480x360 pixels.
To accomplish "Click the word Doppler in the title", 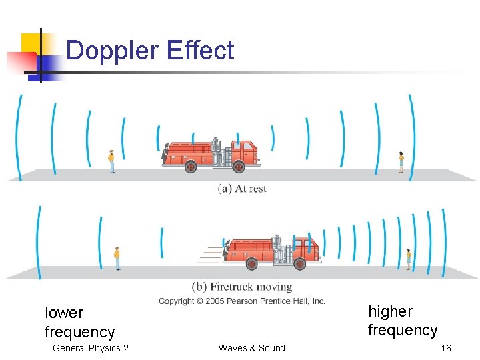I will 113,51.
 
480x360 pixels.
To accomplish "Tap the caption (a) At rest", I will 242,189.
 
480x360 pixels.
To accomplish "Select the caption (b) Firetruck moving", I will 242,287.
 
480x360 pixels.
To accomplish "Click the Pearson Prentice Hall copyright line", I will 242,301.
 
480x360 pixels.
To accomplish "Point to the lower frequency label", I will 79,322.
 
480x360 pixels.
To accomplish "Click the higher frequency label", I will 402,321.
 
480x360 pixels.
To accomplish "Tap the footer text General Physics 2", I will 91,348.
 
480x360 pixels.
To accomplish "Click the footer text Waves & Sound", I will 251,348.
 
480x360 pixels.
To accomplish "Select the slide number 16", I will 445,348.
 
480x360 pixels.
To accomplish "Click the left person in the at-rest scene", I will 111,161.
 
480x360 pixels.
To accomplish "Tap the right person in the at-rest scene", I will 401,162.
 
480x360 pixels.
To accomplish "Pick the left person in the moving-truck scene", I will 117,257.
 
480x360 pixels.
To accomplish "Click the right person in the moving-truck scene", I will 409,259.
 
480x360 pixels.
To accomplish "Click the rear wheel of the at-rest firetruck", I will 190,167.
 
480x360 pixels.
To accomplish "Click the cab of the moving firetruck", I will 304,247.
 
